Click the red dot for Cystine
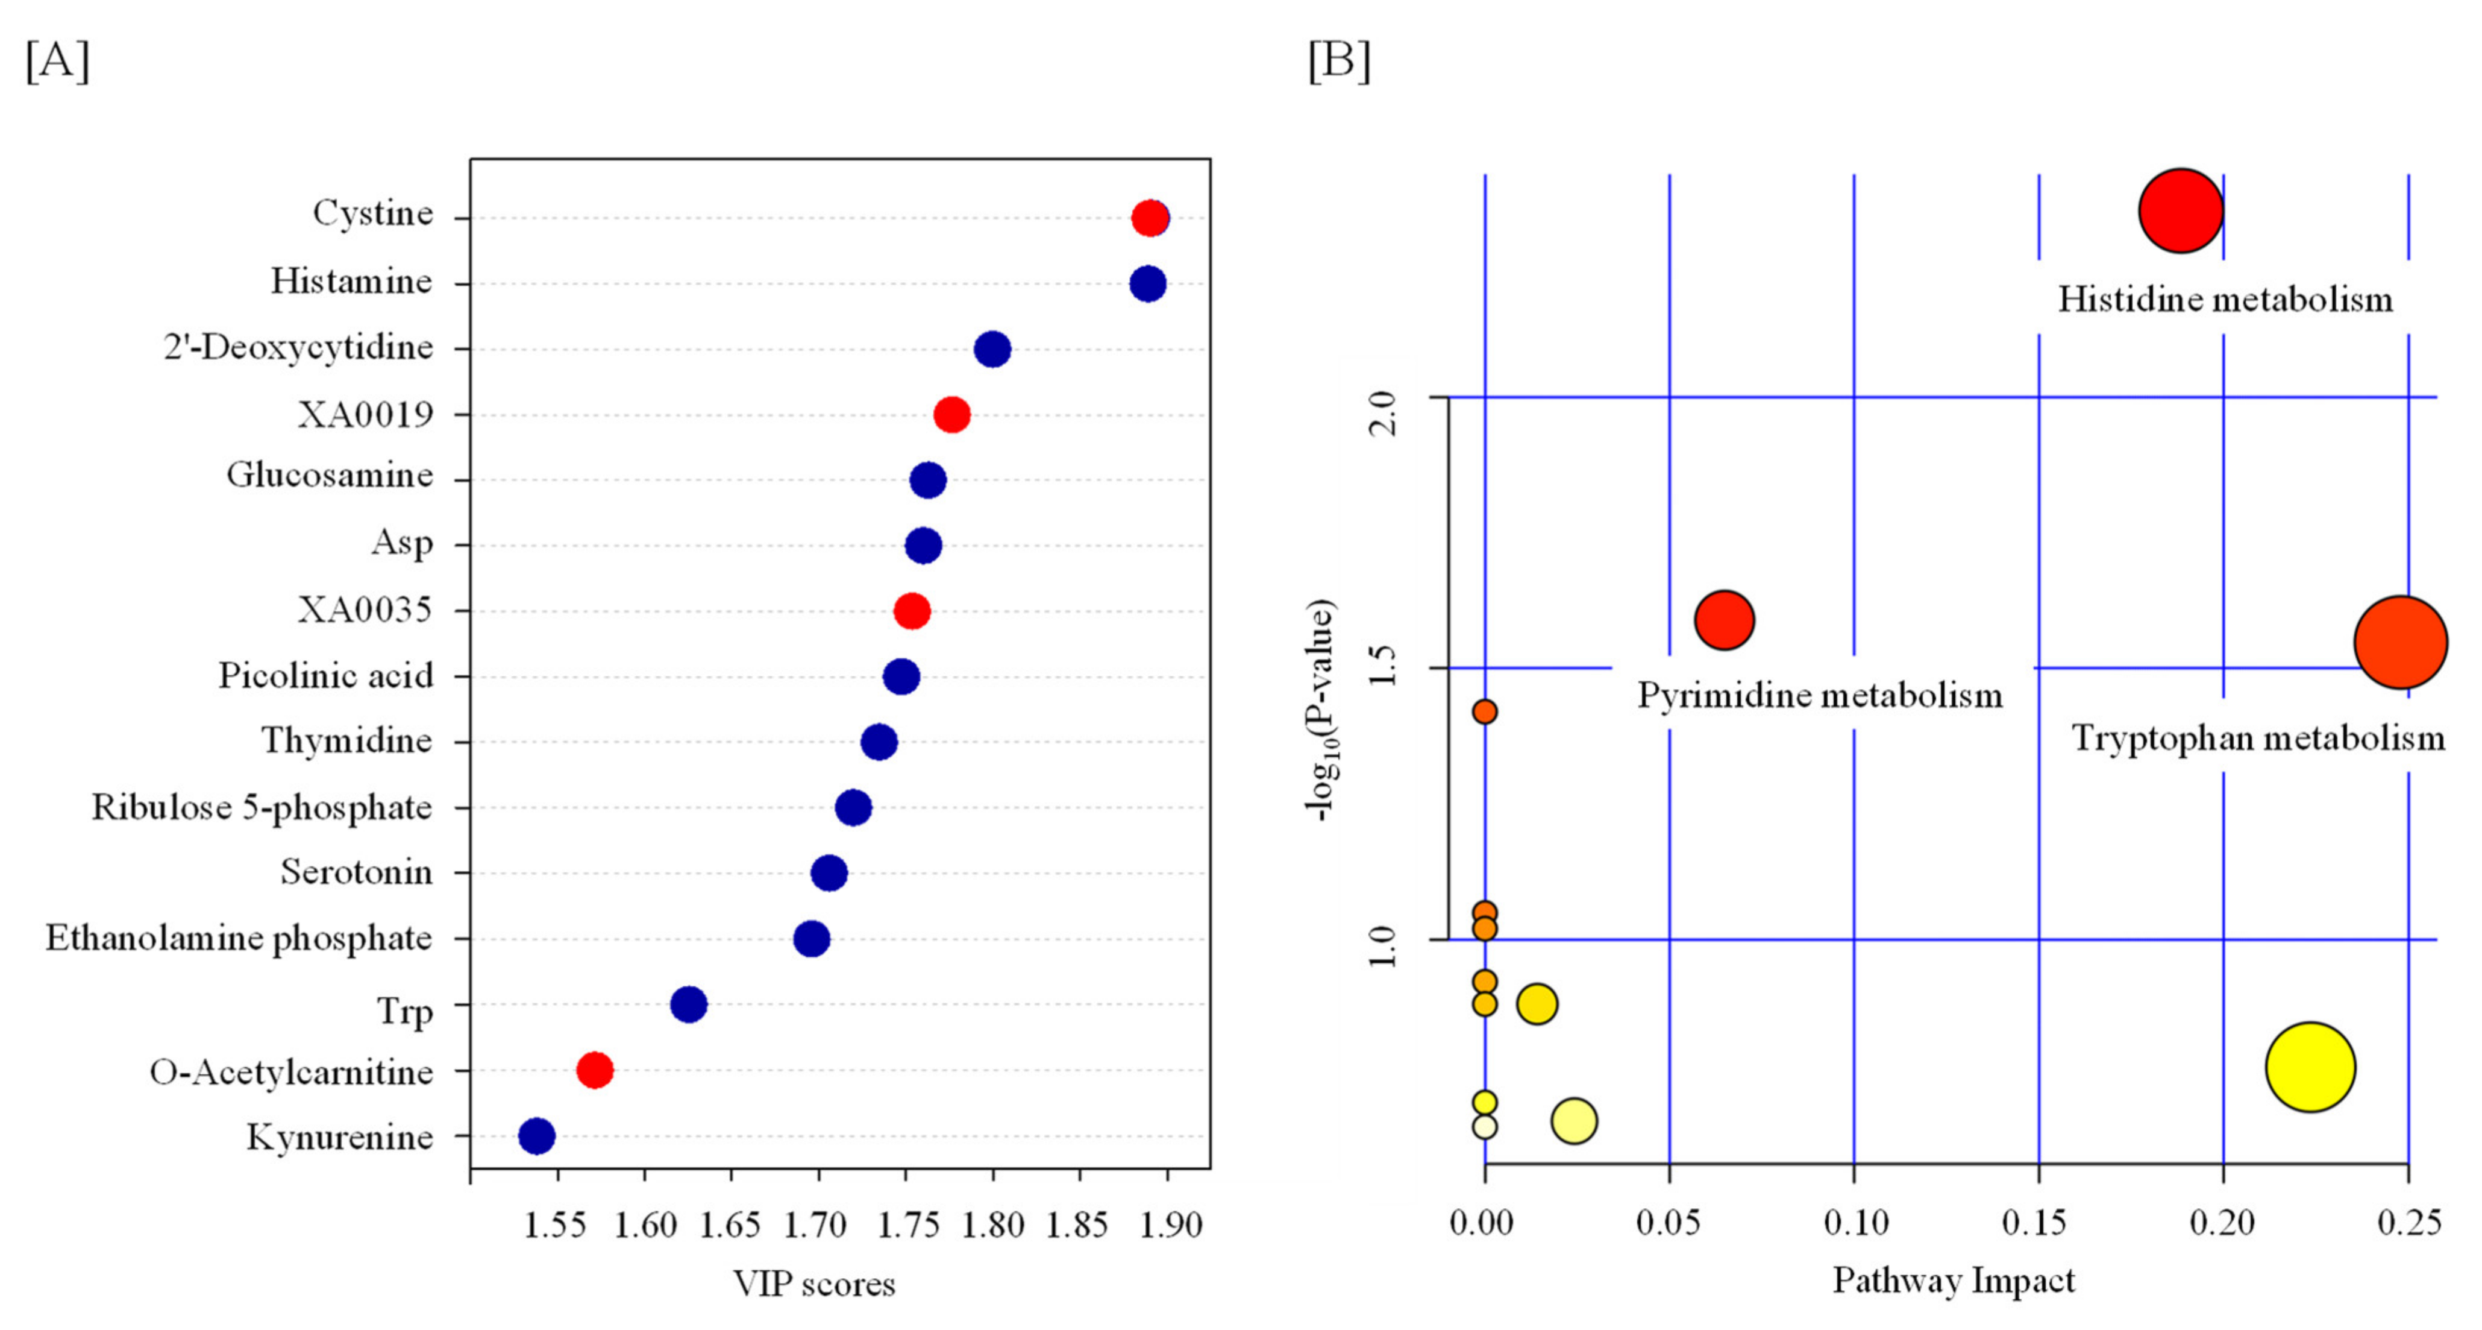1150,218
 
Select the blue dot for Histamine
1147,283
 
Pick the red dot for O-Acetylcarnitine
595,1070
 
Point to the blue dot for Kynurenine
537,1136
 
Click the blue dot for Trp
688,1004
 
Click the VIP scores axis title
814,1284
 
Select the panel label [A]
58,61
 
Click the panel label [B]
1338,61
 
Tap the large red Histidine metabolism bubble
2181,210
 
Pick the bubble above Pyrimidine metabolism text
1724,620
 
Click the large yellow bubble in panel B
2310,1067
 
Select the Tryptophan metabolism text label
2257,738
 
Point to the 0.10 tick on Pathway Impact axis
1855,1223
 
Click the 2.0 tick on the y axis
1383,412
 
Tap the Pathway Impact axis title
1953,1281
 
